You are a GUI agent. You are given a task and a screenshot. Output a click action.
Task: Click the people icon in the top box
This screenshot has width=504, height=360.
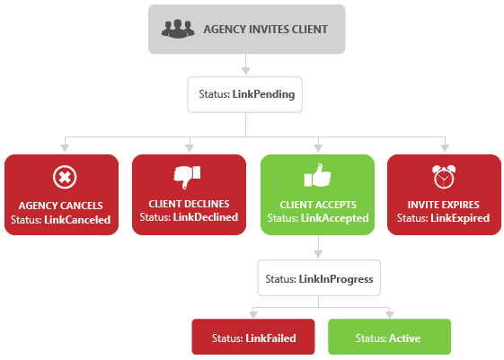(x=178, y=29)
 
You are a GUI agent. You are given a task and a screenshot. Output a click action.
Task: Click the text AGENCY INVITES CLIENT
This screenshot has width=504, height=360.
(x=265, y=29)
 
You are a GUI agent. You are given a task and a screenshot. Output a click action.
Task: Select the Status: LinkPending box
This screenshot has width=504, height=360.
(x=243, y=93)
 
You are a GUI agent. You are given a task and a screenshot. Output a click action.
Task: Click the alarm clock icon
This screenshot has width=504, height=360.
(x=443, y=175)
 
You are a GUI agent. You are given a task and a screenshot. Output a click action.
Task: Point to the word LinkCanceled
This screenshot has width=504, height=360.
(x=78, y=219)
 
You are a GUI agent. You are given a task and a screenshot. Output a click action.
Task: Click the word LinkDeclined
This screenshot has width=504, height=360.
(x=206, y=217)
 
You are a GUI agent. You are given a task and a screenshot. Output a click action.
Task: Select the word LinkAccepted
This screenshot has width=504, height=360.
(x=334, y=218)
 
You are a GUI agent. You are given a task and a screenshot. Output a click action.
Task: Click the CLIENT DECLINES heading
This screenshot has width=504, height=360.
(x=189, y=204)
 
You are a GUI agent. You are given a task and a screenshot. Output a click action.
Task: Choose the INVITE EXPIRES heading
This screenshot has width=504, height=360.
(x=443, y=204)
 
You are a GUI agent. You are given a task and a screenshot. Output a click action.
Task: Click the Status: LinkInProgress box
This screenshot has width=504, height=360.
(x=319, y=279)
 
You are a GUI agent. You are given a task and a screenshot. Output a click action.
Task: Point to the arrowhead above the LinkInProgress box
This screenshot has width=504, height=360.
(x=319, y=256)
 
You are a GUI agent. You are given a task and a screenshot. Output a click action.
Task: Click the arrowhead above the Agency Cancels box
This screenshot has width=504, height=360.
(x=62, y=147)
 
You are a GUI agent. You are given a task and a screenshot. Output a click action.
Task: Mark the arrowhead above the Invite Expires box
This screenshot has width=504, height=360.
(x=444, y=147)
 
